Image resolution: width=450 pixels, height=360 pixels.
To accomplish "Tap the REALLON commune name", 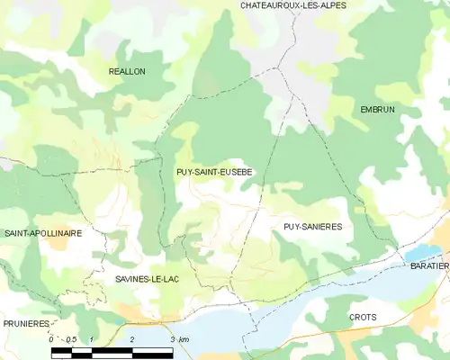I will (x=127, y=70).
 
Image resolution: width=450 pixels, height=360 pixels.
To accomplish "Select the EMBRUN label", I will (x=377, y=110).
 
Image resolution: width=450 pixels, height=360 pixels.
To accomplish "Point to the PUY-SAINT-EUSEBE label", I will (x=214, y=171).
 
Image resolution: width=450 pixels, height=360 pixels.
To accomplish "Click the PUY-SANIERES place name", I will (x=312, y=228).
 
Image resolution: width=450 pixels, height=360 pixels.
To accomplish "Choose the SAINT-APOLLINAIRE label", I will (x=43, y=233).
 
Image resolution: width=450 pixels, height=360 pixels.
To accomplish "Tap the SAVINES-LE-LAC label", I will (x=148, y=280).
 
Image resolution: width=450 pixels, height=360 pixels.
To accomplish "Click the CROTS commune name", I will (x=363, y=318).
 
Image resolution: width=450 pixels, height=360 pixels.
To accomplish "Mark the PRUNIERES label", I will (x=25, y=322).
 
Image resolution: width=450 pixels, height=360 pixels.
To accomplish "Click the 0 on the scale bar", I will (x=50, y=339).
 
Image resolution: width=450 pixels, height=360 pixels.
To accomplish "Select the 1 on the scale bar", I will (x=92, y=339).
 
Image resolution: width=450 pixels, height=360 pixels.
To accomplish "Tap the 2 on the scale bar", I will (x=132, y=339).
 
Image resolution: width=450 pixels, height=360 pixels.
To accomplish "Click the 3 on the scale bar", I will (x=171, y=339).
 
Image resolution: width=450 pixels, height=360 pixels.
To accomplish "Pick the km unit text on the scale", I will (x=184, y=339).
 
